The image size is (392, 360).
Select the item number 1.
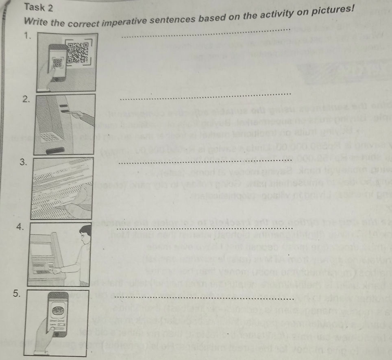28,36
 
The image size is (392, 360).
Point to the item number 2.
26,99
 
